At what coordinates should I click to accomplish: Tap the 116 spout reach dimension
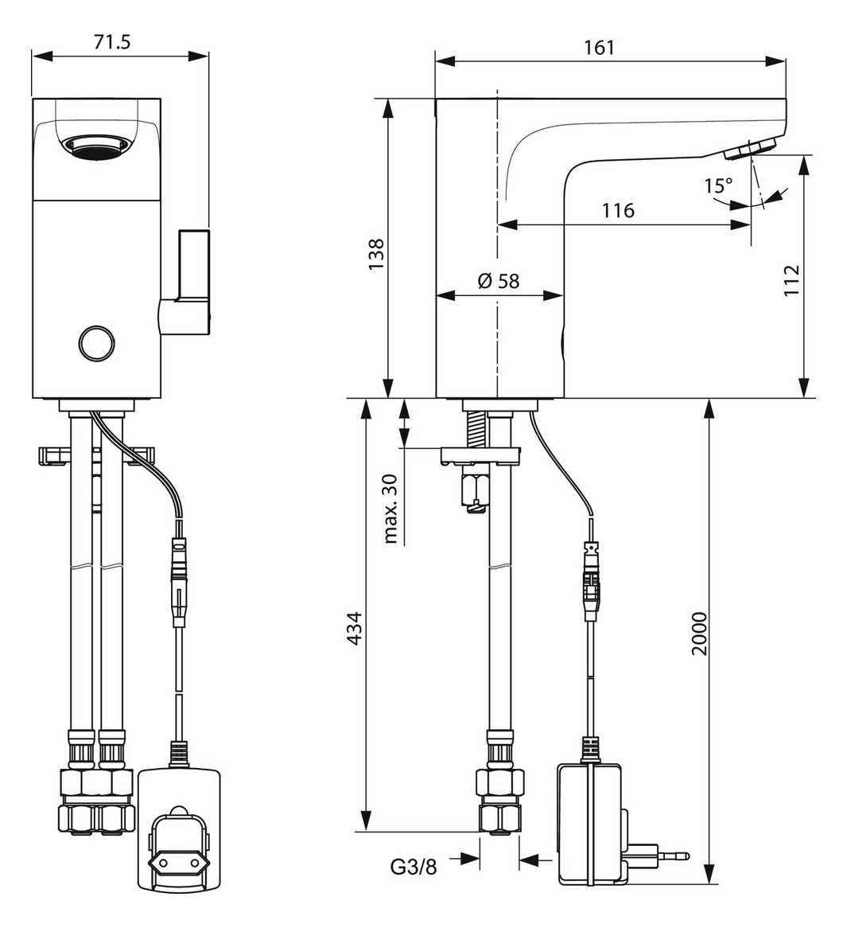[x=618, y=210]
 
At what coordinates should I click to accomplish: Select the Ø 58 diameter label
[x=499, y=280]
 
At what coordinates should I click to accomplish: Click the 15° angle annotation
[x=717, y=187]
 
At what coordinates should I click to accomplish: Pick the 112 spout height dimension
[x=790, y=279]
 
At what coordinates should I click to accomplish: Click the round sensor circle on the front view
[x=95, y=343]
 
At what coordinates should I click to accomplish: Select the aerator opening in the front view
[x=96, y=146]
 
